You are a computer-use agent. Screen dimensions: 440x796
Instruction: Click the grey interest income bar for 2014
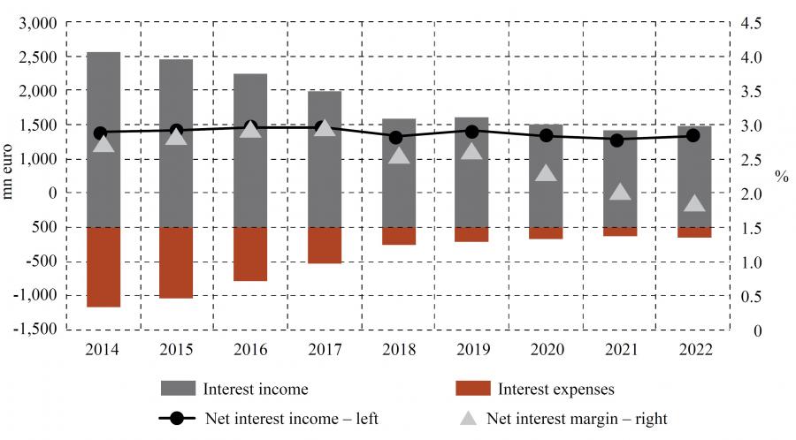click(103, 88)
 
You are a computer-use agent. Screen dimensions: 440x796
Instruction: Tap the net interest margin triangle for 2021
click(621, 192)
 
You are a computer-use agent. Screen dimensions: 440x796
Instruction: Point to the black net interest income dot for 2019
click(473, 132)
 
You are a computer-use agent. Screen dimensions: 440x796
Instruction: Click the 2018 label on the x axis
click(398, 348)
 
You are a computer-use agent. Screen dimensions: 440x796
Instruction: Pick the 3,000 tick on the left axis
click(39, 23)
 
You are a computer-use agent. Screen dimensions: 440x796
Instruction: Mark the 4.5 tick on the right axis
click(751, 23)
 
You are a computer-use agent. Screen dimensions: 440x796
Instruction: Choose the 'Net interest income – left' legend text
click(291, 419)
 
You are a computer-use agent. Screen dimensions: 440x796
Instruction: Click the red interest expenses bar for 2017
click(325, 245)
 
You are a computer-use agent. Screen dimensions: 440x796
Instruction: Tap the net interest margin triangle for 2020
click(547, 173)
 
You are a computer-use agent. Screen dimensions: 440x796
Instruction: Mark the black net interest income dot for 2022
click(694, 135)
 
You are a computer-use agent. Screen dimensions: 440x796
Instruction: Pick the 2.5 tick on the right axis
click(751, 159)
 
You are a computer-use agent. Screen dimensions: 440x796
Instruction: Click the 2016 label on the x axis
click(250, 348)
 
